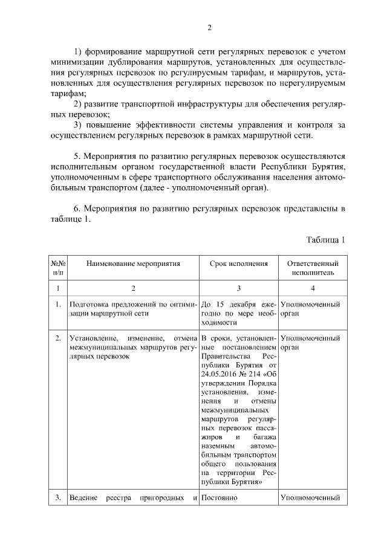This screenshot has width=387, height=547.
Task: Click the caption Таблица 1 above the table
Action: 325,239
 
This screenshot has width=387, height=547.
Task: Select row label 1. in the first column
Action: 57,304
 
